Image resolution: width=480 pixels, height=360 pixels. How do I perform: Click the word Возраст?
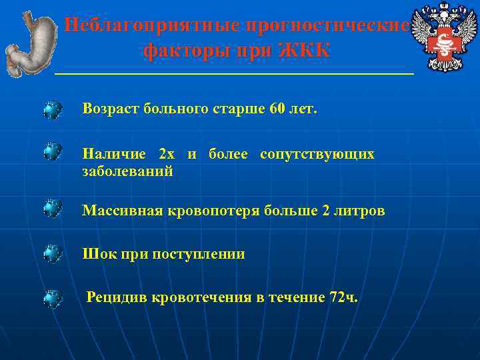click(110, 109)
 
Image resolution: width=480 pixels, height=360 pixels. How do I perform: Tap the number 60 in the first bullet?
click(277, 109)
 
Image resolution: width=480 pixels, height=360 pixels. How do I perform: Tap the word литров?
click(359, 211)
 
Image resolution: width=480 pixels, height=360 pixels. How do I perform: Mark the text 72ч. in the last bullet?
click(343, 297)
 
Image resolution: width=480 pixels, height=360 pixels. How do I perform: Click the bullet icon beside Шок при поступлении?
click(53, 254)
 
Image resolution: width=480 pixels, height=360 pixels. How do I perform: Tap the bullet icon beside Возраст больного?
click(53, 109)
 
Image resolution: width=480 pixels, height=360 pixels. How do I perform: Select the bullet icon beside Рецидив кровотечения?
click(53, 297)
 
